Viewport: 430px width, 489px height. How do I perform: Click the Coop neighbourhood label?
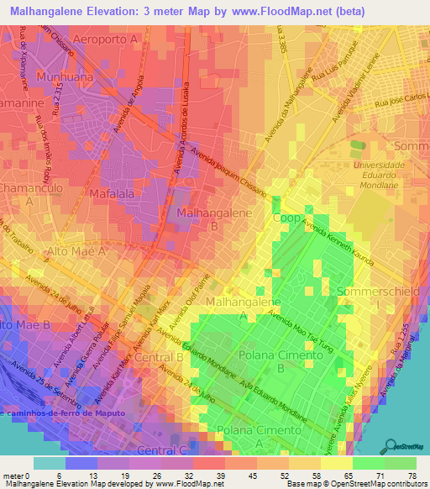point(286,217)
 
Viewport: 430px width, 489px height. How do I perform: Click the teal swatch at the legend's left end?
point(49,462)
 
